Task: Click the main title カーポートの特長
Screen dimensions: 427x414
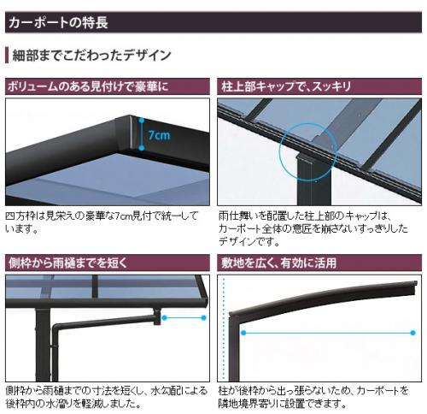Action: tap(58, 22)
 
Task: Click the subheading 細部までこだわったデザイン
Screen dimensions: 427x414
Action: tap(91, 56)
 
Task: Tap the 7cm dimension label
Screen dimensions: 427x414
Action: tap(159, 134)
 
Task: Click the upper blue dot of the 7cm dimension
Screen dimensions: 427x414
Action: tap(142, 120)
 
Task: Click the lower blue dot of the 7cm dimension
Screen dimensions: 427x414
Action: tap(142, 148)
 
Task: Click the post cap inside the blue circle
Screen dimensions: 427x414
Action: tap(304, 157)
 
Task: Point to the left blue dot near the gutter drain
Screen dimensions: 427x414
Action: tap(164, 317)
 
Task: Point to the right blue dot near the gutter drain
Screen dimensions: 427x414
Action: tap(203, 317)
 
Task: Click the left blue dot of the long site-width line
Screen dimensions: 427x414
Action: tap(243, 333)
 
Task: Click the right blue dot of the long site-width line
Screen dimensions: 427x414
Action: tap(412, 333)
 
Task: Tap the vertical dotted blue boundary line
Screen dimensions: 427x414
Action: tap(224, 328)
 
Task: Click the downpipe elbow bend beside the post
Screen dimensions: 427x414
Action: tap(56, 327)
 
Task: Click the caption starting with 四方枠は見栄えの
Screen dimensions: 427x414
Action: tap(102, 222)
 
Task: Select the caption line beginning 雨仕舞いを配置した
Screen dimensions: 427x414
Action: tap(305, 216)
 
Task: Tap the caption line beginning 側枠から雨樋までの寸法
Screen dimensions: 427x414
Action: tap(107, 390)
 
